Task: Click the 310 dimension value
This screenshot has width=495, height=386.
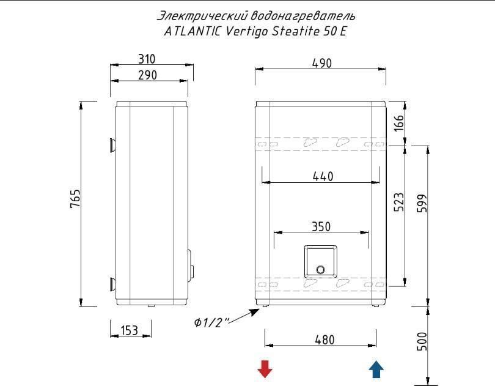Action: [x=147, y=59]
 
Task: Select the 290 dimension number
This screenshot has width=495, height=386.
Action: [x=147, y=75]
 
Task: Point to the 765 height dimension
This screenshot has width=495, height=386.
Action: [x=75, y=199]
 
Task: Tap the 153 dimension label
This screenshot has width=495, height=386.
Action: [x=130, y=330]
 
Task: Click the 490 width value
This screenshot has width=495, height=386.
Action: [x=321, y=63]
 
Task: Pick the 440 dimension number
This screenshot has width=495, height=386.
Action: [x=323, y=176]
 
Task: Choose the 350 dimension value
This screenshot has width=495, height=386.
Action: [x=321, y=227]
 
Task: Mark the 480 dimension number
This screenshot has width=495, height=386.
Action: [x=324, y=340]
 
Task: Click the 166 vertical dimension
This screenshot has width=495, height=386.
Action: [x=399, y=123]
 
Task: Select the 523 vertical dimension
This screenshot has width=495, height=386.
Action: [x=399, y=202]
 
